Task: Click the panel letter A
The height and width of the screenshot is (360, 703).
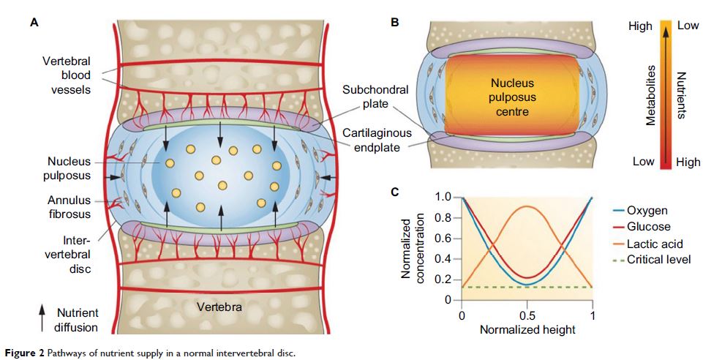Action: (x=34, y=23)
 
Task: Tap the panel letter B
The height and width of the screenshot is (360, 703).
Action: (x=395, y=23)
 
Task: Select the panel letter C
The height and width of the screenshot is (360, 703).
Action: (x=395, y=192)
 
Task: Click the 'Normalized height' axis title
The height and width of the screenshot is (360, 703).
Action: (x=527, y=330)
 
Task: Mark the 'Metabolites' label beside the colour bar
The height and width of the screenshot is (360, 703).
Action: (x=650, y=94)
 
